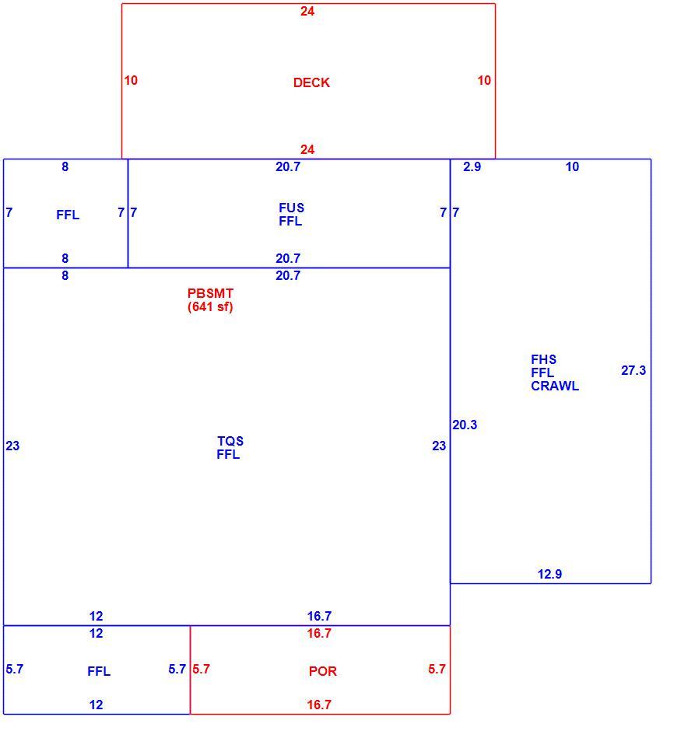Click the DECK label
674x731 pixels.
pos(311,82)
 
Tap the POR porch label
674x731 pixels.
pos(322,671)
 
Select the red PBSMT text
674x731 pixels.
pos(210,293)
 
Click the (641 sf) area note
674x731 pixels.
pos(210,306)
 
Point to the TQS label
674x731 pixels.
pos(230,441)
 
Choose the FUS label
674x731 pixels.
pos(291,208)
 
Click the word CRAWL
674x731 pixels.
pos(555,386)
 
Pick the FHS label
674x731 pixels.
pos(543,359)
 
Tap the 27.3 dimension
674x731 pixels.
pos(634,370)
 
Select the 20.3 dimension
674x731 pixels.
pos(465,425)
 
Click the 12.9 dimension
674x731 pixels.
pos(549,574)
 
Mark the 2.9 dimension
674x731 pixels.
pos(472,167)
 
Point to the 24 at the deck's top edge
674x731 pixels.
pos(307,11)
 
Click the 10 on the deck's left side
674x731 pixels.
pos(131,80)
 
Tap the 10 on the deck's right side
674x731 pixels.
pos(484,80)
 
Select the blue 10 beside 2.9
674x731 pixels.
pos(572,167)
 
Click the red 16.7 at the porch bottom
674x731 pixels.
pos(319,705)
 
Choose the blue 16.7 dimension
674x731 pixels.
pos(319,616)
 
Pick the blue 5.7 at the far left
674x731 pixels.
pos(15,669)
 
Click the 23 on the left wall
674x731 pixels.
pos(12,446)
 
